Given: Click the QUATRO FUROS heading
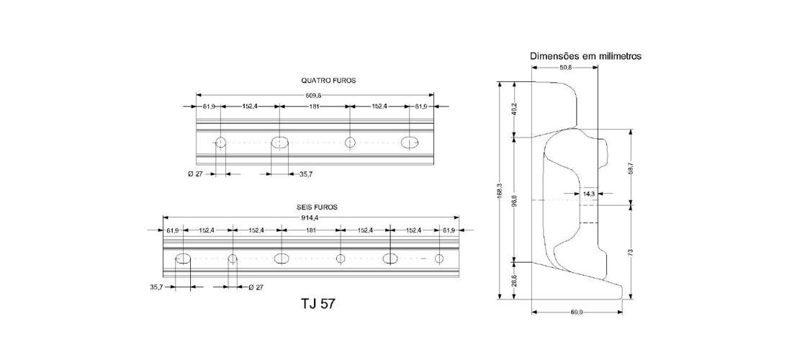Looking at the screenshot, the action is tap(328, 81).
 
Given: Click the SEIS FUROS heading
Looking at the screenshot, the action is tap(317, 207).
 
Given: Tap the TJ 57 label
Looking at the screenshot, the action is tap(318, 303).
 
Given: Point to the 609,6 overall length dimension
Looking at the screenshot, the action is tap(314, 95).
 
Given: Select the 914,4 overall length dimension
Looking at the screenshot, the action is tap(310, 217).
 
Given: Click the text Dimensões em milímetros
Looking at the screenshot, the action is tap(585, 56).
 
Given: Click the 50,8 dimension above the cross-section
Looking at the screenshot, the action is tap(565, 67).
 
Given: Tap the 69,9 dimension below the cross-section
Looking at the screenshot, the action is tap(577, 312).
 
